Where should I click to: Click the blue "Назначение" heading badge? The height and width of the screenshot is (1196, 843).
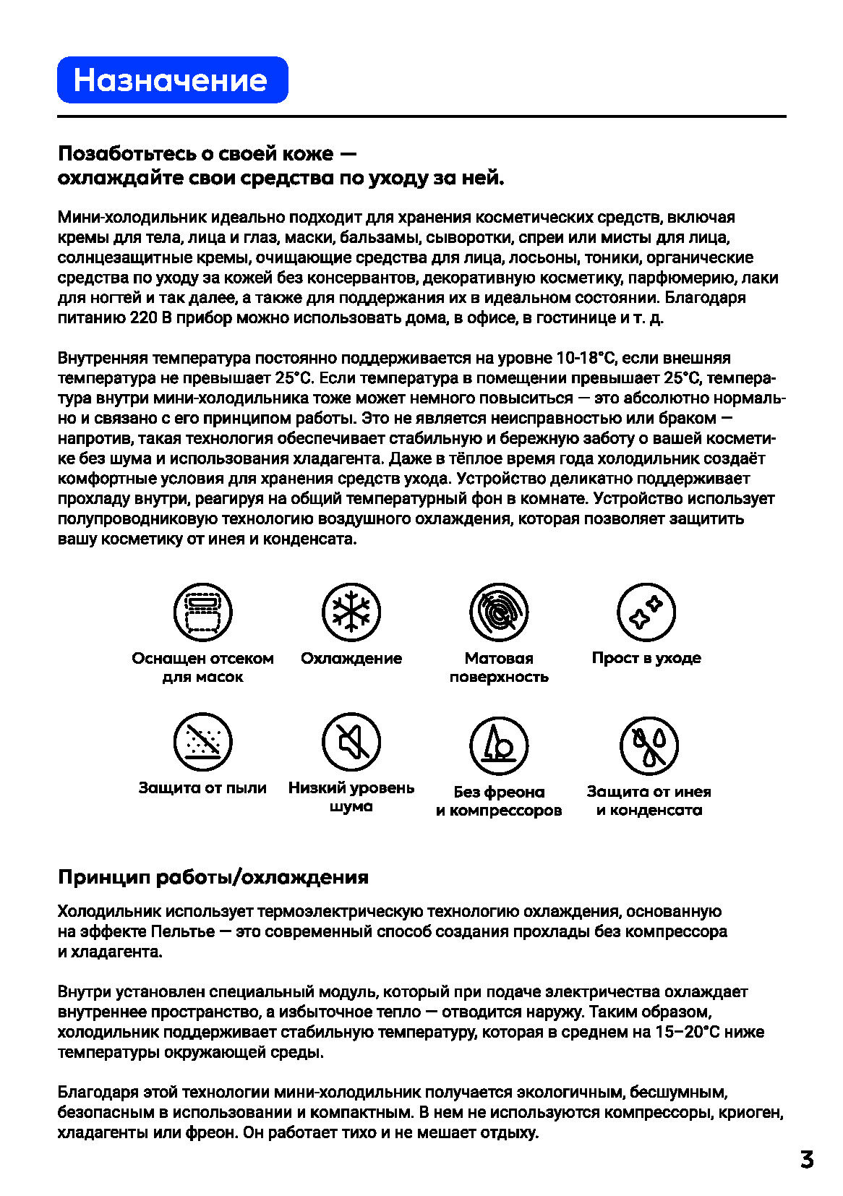[x=172, y=80]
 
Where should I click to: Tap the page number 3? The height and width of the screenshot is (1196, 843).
[x=807, y=1160]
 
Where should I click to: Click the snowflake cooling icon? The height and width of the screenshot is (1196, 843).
[x=351, y=612]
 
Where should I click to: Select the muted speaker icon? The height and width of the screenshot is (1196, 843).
[x=351, y=742]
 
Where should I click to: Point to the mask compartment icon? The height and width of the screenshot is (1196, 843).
[x=202, y=612]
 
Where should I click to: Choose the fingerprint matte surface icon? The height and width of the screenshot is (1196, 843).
[x=499, y=612]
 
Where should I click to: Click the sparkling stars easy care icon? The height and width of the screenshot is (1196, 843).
[x=646, y=612]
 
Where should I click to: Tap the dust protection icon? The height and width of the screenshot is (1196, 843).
[x=202, y=742]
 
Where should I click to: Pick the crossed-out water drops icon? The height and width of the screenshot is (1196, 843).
[x=649, y=746]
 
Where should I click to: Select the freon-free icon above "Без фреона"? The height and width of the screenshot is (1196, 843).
[x=499, y=746]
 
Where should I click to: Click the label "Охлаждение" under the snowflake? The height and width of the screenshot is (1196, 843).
[x=351, y=658]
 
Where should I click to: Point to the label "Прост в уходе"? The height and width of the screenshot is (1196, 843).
[x=646, y=658]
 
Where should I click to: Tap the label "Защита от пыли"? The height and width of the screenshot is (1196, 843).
[x=202, y=787]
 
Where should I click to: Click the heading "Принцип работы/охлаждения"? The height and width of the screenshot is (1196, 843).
[x=213, y=877]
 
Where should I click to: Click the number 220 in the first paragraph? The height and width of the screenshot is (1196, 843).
[x=143, y=317]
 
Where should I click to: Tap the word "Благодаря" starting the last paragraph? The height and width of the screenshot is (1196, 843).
[x=93, y=1092]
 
